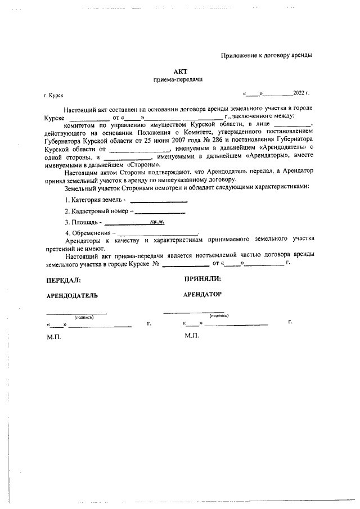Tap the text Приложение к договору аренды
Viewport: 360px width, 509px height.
tap(266, 55)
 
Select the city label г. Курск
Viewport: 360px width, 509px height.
tap(53, 96)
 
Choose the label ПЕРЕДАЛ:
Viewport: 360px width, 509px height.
tap(63, 279)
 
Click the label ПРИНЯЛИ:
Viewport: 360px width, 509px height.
tap(202, 278)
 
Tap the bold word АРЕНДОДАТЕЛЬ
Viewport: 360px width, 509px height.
tap(72, 295)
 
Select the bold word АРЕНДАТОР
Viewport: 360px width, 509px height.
tap(202, 294)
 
